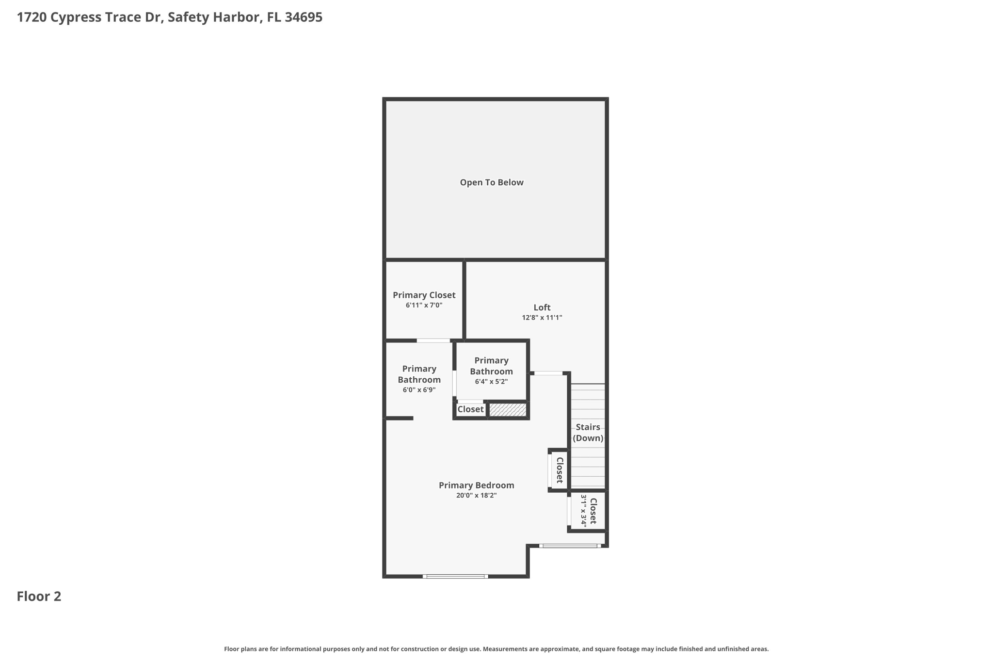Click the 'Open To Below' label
(492, 182)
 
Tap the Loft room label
(542, 307)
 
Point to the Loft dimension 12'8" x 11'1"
(542, 318)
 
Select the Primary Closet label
(424, 295)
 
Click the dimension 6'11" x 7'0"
(424, 305)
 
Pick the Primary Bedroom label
(476, 485)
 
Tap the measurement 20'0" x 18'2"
(476, 495)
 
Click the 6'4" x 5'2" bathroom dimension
(491, 382)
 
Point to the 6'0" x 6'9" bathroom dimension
(419, 390)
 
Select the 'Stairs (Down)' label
(588, 433)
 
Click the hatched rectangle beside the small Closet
(507, 410)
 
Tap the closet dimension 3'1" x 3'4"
(584, 511)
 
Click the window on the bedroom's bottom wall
(455, 576)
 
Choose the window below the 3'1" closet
(570, 546)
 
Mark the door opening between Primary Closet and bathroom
(433, 340)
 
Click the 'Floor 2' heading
(39, 596)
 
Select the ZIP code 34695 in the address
(304, 17)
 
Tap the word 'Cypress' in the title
(76, 18)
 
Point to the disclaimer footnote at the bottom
(496, 649)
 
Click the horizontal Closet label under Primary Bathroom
(470, 409)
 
